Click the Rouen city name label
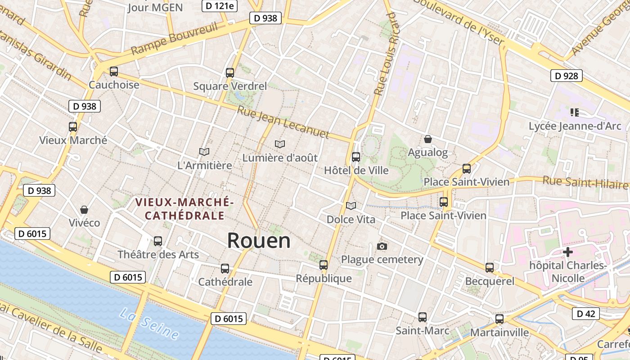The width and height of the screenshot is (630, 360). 259,240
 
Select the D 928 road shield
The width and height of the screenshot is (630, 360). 566,76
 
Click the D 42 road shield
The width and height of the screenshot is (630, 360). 585,314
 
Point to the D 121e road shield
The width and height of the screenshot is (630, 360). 219,5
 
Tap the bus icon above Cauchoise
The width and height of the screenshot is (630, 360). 114,71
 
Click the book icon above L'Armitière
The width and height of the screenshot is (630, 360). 204,152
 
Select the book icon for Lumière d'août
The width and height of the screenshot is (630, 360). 280,144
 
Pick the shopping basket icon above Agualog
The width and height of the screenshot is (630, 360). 428,139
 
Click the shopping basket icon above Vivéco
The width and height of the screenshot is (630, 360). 84,210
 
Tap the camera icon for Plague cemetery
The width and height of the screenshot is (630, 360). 382,246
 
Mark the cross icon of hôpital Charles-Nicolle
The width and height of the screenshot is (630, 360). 568,252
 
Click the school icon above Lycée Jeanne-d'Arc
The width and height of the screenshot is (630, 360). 574,112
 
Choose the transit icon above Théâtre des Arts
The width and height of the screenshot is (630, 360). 158,241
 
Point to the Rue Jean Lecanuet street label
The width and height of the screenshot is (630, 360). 283,122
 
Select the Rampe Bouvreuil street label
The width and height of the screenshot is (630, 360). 175,39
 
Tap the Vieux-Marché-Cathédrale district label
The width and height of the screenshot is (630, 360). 184,209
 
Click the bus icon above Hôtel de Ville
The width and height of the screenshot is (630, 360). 356,157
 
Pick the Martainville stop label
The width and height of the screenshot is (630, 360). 499,332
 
